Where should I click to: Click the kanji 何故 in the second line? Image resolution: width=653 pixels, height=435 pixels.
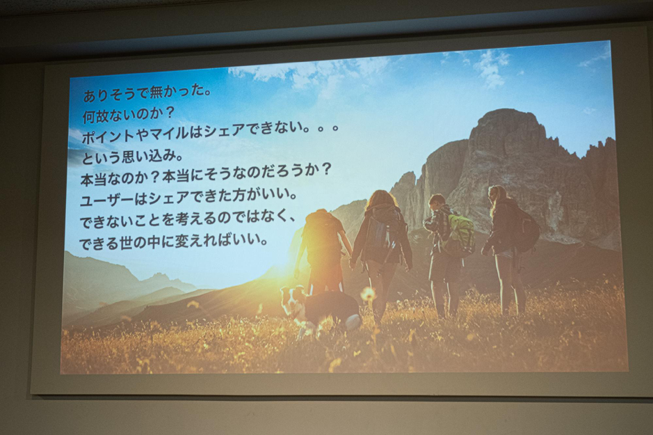95,116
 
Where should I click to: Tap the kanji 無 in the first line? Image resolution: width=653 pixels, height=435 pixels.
156,93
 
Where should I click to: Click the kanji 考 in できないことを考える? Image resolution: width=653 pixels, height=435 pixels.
182,219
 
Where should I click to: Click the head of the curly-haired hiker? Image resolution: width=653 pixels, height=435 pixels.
379,202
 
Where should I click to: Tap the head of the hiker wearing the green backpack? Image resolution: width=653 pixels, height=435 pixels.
437,203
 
